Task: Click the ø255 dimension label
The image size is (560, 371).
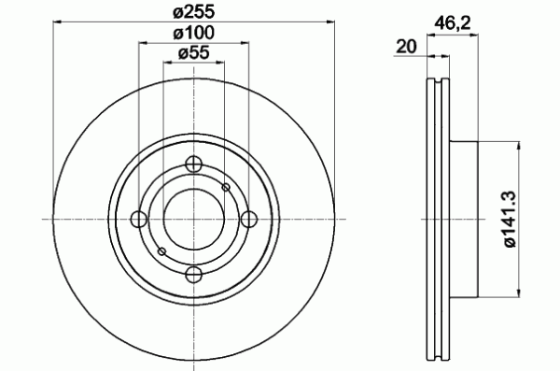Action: pyautogui.click(x=194, y=12)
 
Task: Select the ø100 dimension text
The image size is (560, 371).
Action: pyautogui.click(x=194, y=34)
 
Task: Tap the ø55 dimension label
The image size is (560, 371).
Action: pyautogui.click(x=194, y=53)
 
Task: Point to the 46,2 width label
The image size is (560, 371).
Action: pyautogui.click(x=453, y=24)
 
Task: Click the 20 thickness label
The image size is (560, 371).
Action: pyautogui.click(x=406, y=47)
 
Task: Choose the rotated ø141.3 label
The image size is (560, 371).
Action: pyautogui.click(x=510, y=219)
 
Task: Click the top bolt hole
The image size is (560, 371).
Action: pyautogui.click(x=194, y=164)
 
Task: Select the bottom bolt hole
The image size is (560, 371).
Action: pyautogui.click(x=194, y=275)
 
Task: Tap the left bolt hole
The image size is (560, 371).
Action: pyautogui.click(x=139, y=219)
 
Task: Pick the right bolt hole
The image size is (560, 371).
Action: pyautogui.click(x=249, y=219)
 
